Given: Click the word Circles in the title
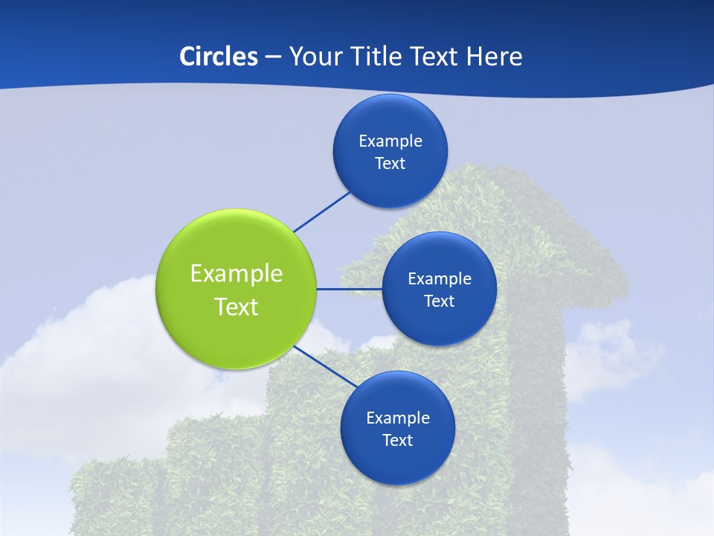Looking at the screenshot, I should coord(219,56).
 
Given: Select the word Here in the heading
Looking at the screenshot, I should coord(494,56).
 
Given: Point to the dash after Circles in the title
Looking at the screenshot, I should coord(273,57).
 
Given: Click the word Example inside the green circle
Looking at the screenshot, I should coord(236,274).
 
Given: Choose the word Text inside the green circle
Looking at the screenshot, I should coord(236,307).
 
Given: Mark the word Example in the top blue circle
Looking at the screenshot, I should coord(390,141).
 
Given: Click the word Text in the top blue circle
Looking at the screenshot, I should coord(390,163).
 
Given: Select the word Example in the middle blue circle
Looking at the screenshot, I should coord(440,278).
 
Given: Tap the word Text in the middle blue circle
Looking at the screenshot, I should coord(440,301).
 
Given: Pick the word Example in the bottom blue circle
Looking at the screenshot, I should coord(397,418).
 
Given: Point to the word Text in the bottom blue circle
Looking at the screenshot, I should coord(397,440).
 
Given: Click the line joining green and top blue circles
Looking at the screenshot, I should coord(321,211).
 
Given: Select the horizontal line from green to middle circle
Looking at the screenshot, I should coord(349,289).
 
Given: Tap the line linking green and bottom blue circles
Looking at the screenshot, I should coord(325,366).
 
